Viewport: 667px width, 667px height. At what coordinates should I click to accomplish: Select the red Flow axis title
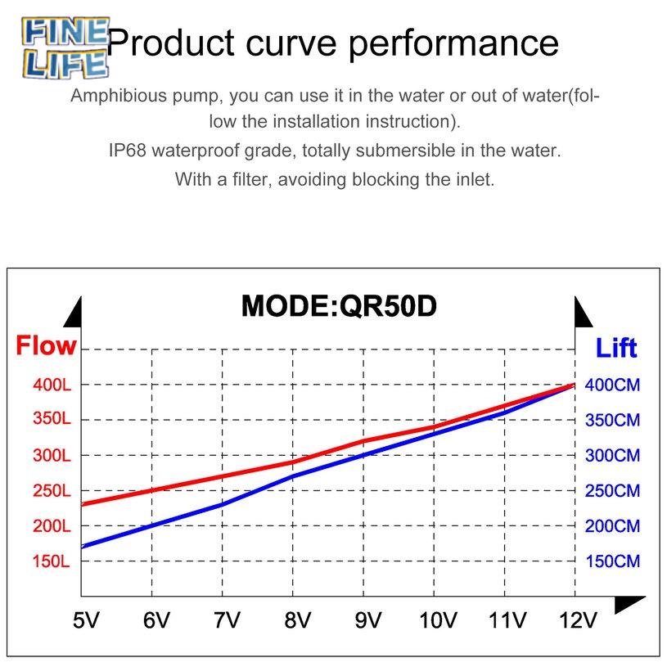[46, 345]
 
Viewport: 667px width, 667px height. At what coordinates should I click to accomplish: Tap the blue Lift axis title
[615, 348]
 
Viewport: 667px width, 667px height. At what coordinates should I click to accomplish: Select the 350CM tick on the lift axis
[613, 421]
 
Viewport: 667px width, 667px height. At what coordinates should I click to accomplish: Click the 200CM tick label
[613, 527]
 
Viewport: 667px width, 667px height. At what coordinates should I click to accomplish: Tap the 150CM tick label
[613, 562]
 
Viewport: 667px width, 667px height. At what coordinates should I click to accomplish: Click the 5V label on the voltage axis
[86, 621]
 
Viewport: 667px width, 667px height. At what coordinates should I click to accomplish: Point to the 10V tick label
[437, 621]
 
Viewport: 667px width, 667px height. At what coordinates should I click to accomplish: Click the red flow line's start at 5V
[82, 504]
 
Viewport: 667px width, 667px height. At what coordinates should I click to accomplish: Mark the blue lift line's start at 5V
[82, 546]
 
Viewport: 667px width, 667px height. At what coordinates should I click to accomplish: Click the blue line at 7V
[222, 505]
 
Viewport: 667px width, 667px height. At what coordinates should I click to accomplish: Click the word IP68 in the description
[127, 151]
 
